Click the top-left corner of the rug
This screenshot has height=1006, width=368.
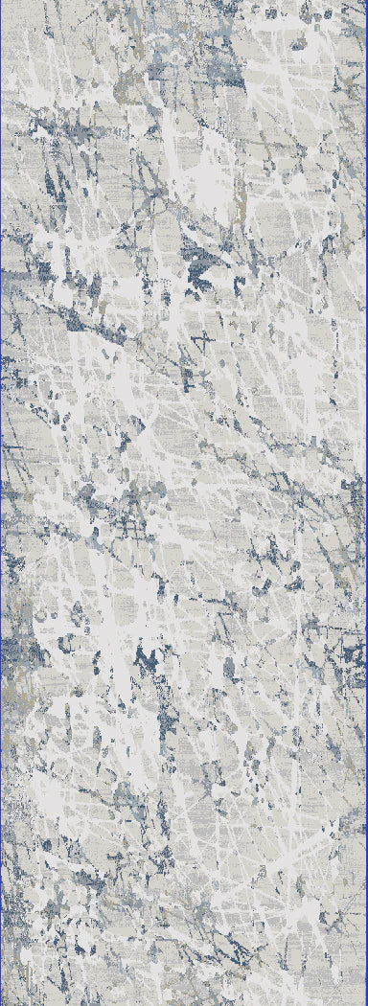(x=2, y=2)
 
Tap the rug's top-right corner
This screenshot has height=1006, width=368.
(x=365, y=2)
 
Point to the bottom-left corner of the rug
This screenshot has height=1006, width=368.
(x=2, y=1003)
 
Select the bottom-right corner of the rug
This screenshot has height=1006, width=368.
(x=365, y=1003)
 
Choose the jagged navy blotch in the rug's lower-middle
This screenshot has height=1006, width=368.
(x=149, y=661)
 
